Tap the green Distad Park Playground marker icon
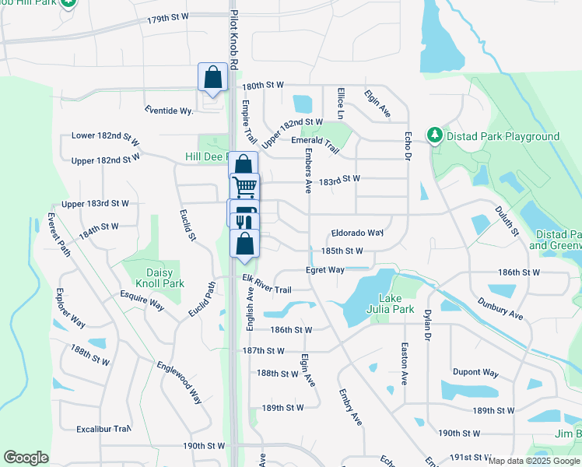tap(434, 136)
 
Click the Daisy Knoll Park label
tap(160, 279)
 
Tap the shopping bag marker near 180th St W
tap(212, 78)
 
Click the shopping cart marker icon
tap(245, 187)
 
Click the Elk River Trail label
tap(266, 284)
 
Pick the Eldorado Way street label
tap(357, 233)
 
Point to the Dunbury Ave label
tap(500, 307)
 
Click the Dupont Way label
tap(475, 372)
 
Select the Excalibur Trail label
tap(103, 429)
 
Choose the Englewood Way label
tap(179, 382)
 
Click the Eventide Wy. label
tap(169, 111)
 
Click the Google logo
tap(26, 458)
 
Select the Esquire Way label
tap(141, 301)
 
